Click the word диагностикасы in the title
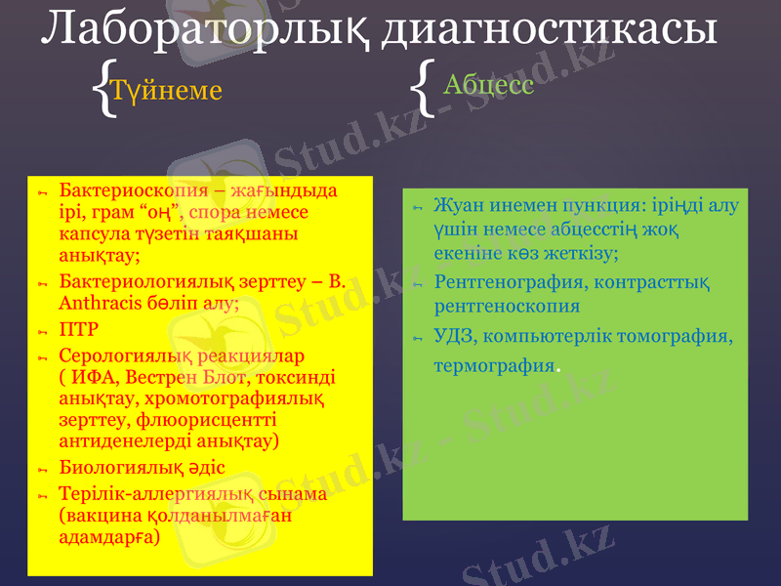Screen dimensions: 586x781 click(x=548, y=30)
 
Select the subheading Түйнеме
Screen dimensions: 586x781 click(x=166, y=90)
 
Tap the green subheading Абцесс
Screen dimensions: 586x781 click(x=488, y=84)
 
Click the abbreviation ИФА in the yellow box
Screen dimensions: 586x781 click(x=91, y=376)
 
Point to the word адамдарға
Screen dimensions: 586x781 click(x=108, y=537)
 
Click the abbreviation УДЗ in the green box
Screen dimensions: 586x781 click(x=453, y=337)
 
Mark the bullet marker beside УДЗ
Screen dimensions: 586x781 click(x=415, y=339)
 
